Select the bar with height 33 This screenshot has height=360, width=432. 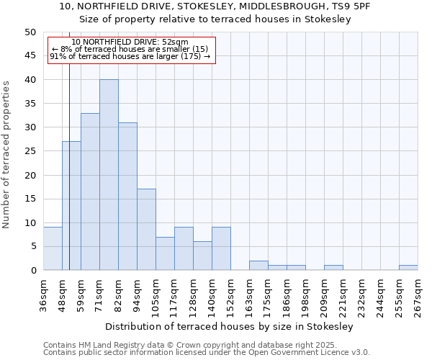pos(90,192)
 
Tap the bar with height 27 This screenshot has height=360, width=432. pos(71,206)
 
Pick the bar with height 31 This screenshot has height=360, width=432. pos(127,197)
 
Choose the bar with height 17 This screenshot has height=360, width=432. pos(146,230)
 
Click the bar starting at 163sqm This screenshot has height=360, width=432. pos(258,266)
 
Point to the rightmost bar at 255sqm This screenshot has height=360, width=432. pos(408,268)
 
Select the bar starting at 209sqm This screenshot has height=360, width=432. pos(333,268)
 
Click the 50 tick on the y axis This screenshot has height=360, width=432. pos(30,32)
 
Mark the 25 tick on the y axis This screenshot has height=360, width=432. pos(30,151)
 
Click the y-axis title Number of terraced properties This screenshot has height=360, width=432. pos(7,155)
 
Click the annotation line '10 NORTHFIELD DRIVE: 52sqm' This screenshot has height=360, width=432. pos(130,42)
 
